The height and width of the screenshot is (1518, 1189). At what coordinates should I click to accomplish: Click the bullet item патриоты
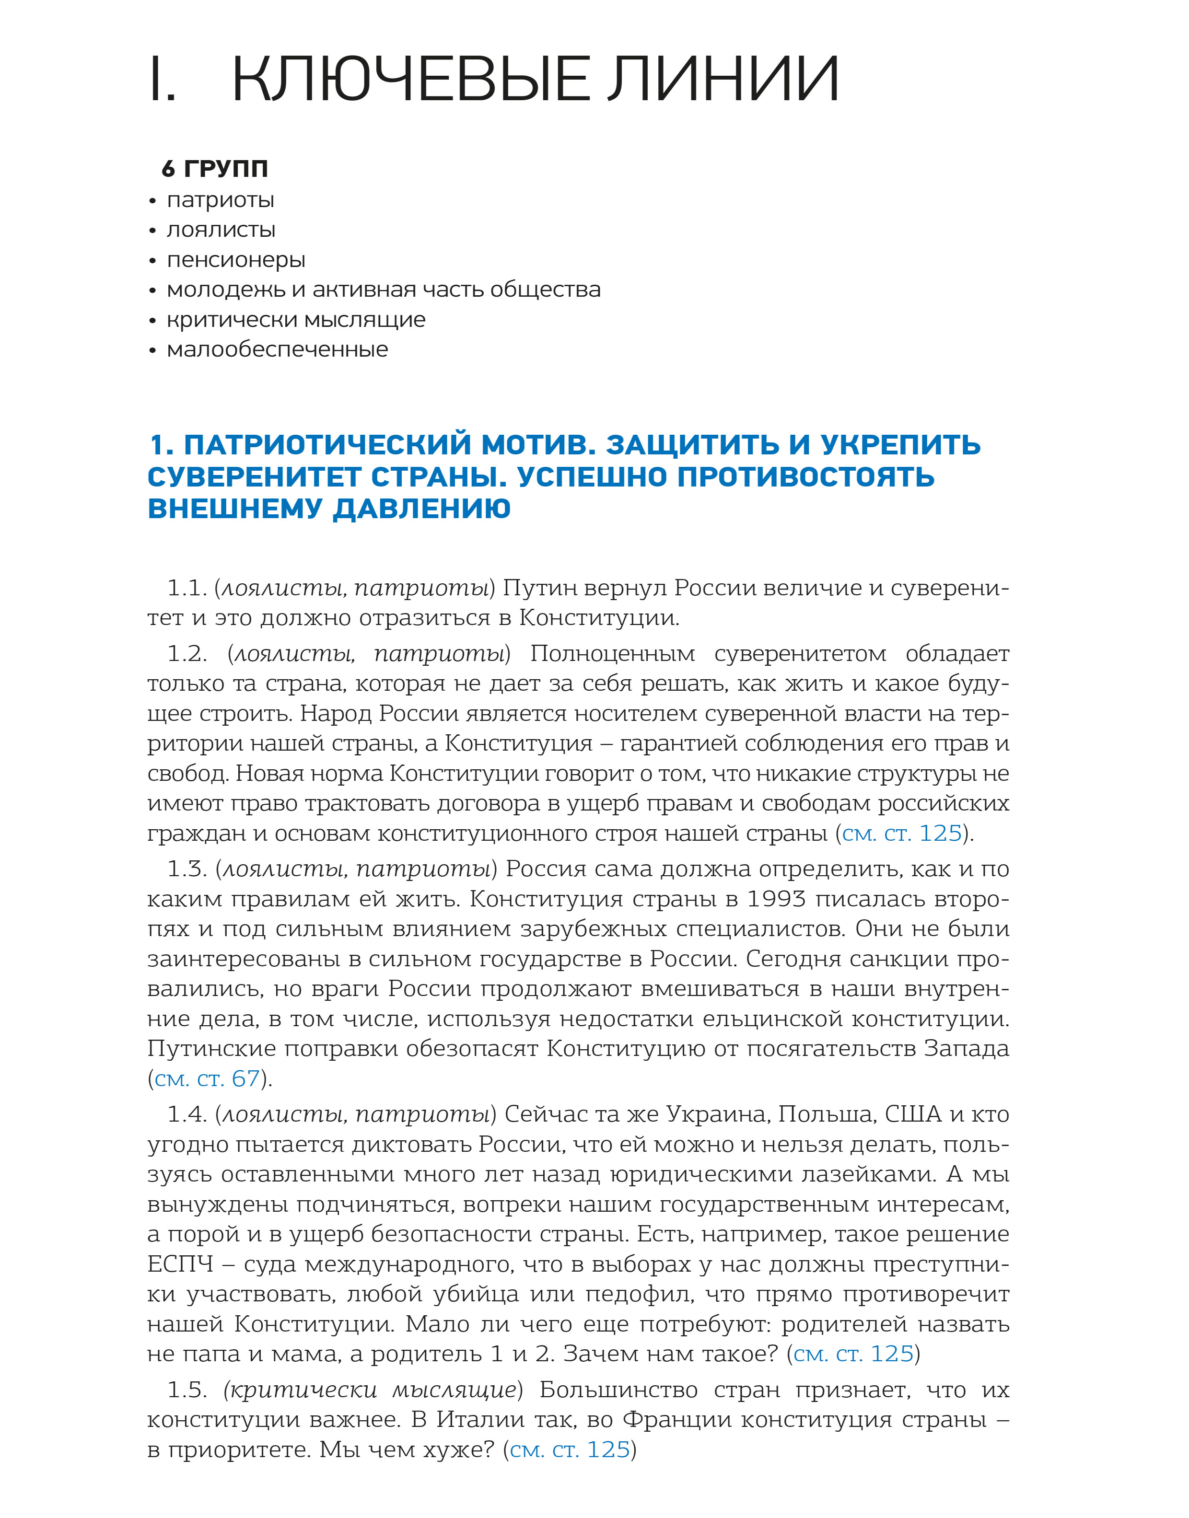point(220,200)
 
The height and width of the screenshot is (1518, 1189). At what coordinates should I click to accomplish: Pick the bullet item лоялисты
point(221,231)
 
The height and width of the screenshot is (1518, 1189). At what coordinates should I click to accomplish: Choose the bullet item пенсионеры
point(236,260)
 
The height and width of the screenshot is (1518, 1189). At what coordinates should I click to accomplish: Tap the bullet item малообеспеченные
point(277,349)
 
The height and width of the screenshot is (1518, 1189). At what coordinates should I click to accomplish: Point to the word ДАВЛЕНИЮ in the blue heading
point(422,510)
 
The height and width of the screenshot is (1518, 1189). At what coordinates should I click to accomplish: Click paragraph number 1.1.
point(187,589)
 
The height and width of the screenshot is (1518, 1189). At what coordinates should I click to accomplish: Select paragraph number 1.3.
point(187,869)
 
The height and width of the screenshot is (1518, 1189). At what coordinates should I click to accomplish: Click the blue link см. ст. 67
point(207,1079)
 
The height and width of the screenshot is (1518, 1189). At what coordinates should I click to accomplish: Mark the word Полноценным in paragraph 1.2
point(613,654)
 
